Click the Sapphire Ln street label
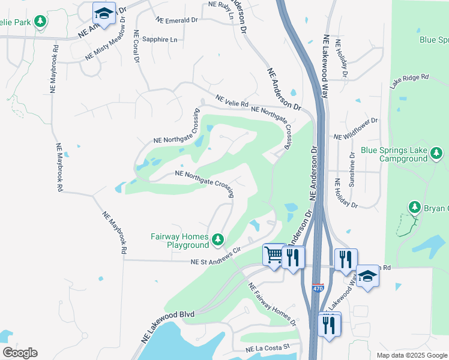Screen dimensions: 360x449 (x=160, y=40)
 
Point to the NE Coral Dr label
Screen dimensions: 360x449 (x=137, y=47)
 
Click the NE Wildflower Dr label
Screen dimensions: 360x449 (x=357, y=129)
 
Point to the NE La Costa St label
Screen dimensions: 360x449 (x=267, y=348)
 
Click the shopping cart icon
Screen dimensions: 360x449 (x=274, y=254)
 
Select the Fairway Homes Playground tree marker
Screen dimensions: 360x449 (x=218, y=241)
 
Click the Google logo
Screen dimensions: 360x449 (x=20, y=353)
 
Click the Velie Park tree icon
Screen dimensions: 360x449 (x=40, y=22)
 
